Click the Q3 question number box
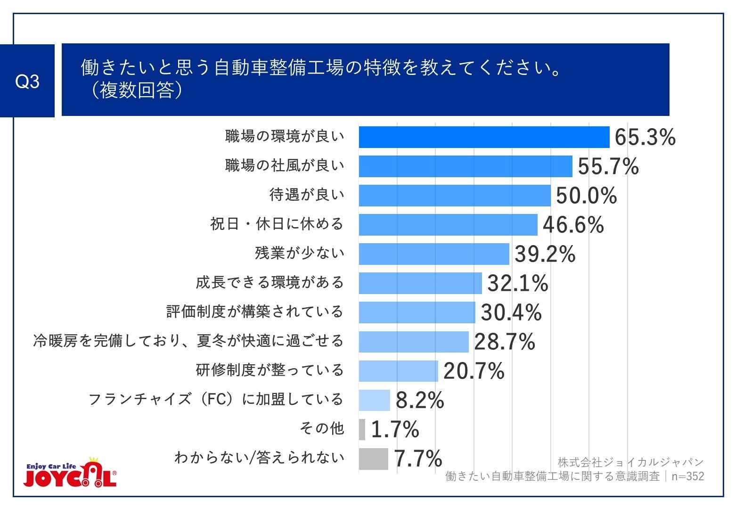(27, 81)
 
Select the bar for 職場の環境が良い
(484, 137)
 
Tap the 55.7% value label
(608, 167)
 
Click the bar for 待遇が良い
(455, 196)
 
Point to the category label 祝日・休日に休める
(277, 224)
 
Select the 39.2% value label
(545, 254)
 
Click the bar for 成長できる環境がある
(420, 283)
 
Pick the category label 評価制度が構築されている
(255, 312)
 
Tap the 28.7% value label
(505, 342)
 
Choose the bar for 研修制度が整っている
(399, 371)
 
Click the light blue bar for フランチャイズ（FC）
(375, 400)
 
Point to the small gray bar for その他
(362, 429)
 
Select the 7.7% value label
(418, 459)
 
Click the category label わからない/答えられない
(259, 458)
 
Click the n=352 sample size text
(687, 476)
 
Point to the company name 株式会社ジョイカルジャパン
(630, 462)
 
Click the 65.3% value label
(645, 138)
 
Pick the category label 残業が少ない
(300, 253)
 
